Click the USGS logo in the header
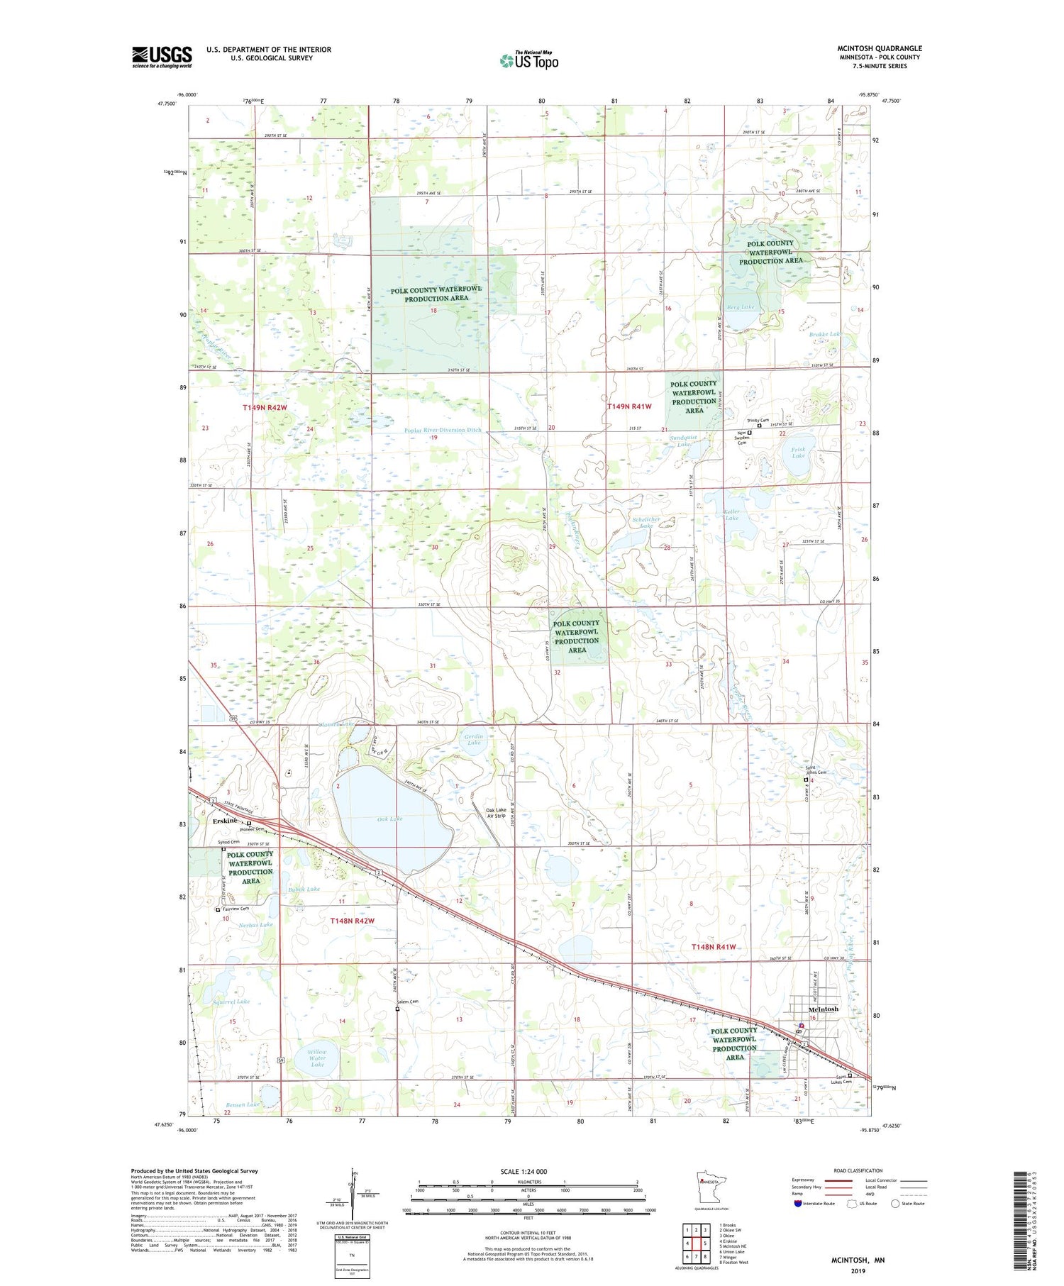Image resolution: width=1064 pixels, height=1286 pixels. pyautogui.click(x=162, y=57)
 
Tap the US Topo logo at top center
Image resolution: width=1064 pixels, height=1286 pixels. pyautogui.click(x=529, y=61)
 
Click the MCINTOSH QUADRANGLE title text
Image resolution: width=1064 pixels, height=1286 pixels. pyautogui.click(x=879, y=48)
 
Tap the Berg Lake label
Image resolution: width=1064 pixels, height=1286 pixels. pyautogui.click(x=741, y=307)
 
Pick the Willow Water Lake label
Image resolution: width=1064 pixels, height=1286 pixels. pyautogui.click(x=317, y=1058)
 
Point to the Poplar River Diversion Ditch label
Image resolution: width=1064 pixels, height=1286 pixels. pyautogui.click(x=433, y=430)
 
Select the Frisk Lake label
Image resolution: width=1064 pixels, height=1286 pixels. pyautogui.click(x=798, y=452)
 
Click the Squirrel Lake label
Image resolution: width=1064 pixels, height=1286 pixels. pyautogui.click(x=231, y=1002)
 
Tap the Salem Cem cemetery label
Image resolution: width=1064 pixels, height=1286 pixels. pyautogui.click(x=408, y=1002)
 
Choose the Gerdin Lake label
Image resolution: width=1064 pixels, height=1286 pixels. pyautogui.click(x=474, y=740)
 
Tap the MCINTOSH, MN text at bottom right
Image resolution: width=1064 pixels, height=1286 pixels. pyautogui.click(x=858, y=1260)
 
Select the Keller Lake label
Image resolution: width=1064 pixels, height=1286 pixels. pyautogui.click(x=731, y=514)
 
